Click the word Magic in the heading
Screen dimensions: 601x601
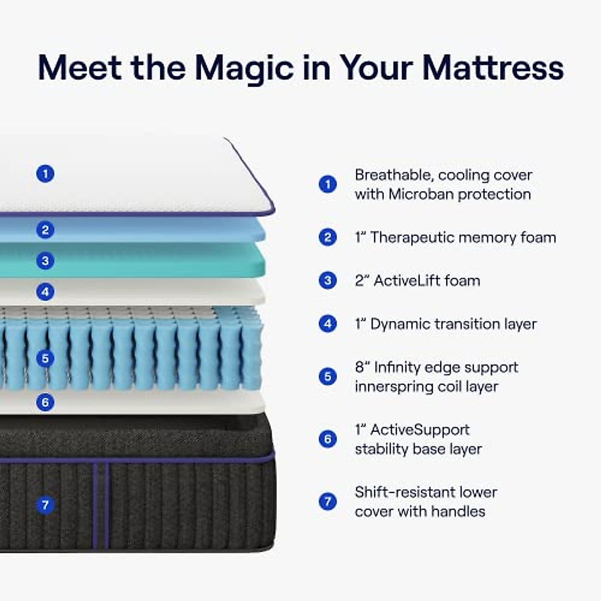pos(243,68)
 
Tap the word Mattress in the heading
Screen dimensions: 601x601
pos(493,68)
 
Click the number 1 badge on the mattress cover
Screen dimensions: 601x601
pos(46,174)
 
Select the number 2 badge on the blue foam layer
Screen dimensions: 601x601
pos(46,230)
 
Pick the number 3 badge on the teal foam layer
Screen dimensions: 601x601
pos(46,260)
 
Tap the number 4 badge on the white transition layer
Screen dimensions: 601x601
pos(46,291)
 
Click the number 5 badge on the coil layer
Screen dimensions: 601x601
pos(46,358)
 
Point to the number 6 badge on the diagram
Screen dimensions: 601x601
pos(46,402)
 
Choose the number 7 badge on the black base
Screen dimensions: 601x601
pos(46,504)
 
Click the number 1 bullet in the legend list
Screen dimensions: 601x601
pos(328,184)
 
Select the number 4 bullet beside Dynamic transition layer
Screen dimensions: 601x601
pos(328,324)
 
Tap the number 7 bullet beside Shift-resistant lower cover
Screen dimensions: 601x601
pos(328,501)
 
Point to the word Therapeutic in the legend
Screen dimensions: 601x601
pos(412,237)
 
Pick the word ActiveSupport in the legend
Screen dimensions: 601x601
pos(420,430)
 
